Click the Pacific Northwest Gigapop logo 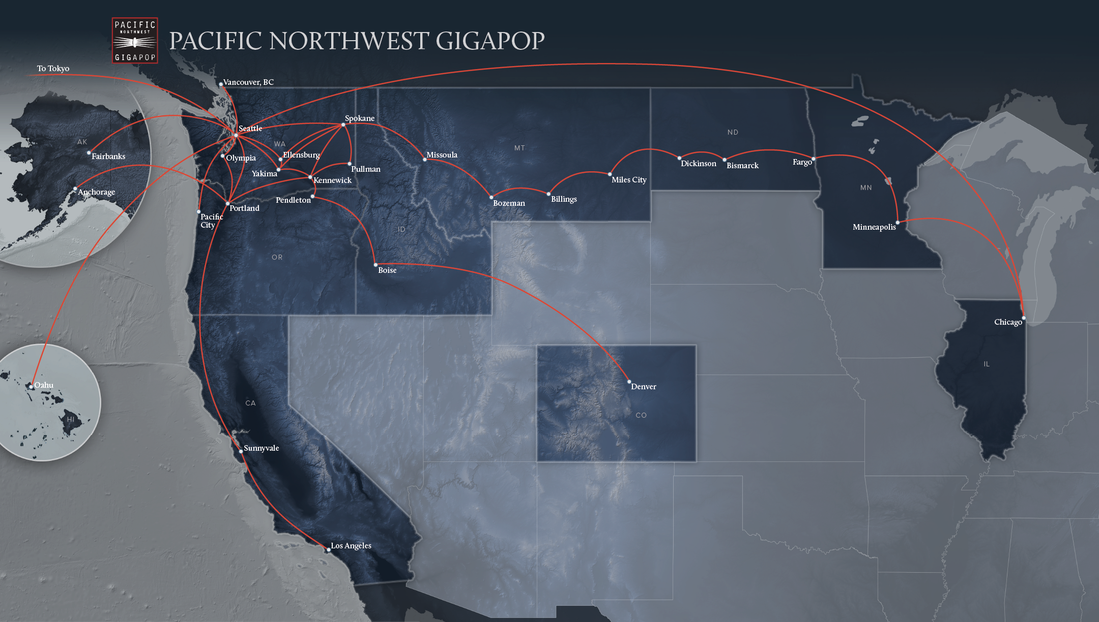click(x=135, y=41)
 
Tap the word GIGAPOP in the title click(x=490, y=41)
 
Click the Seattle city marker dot click(x=236, y=135)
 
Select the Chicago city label click(x=1007, y=322)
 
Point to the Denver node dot click(x=629, y=382)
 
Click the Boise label click(x=387, y=270)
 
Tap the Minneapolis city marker click(x=898, y=222)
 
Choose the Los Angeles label click(x=351, y=546)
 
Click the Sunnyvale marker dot click(x=241, y=451)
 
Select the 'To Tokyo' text click(x=53, y=69)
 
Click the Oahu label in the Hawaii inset click(x=44, y=385)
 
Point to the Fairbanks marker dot click(x=89, y=152)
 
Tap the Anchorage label click(x=97, y=192)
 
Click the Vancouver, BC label click(x=248, y=82)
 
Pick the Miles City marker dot click(x=610, y=174)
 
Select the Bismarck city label click(x=742, y=166)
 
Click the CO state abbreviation click(x=641, y=416)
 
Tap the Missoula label click(x=442, y=155)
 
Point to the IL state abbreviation click(x=987, y=364)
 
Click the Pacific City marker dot click(x=198, y=211)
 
